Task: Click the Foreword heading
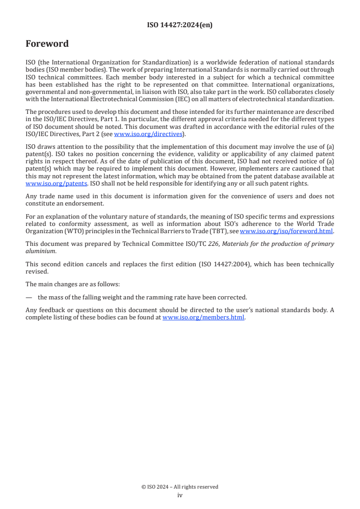[x=47, y=44]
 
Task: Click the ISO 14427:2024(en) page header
[x=180, y=25]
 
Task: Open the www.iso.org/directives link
[x=148, y=134]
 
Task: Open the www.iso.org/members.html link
[x=203, y=318]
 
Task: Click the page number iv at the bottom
[x=180, y=495]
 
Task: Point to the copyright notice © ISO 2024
[x=180, y=487]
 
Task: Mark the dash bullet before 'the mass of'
[x=29, y=298]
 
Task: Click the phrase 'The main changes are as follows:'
[x=65, y=284]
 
